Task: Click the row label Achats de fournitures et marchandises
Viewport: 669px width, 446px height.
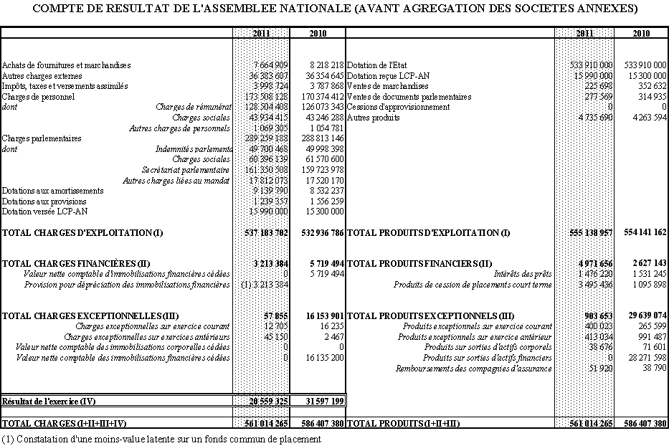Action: point(67,65)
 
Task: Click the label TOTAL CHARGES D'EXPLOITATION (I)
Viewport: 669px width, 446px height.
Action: point(82,233)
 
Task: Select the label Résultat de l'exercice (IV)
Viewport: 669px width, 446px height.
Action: point(49,401)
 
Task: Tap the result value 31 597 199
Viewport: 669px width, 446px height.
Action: point(323,401)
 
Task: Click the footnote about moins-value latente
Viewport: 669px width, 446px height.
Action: point(161,439)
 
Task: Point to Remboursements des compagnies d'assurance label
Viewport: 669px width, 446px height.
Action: point(474,369)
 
